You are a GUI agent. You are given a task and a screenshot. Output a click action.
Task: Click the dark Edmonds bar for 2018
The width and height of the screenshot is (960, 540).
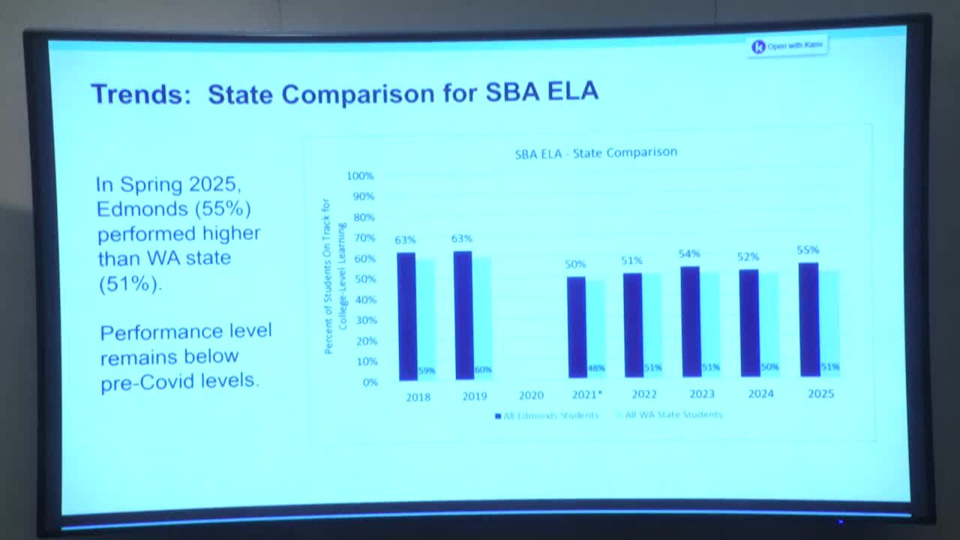pos(406,316)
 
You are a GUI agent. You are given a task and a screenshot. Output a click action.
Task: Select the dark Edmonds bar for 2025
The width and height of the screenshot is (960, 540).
pos(808,319)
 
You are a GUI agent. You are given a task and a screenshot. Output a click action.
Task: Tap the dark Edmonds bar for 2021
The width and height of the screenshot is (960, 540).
pos(576,327)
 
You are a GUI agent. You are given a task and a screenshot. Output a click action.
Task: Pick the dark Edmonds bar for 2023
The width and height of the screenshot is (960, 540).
pos(690,321)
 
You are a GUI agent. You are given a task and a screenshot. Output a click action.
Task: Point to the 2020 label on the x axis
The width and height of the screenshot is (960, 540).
pos(531,394)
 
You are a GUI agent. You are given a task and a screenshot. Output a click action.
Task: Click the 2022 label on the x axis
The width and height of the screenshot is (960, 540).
pos(643,394)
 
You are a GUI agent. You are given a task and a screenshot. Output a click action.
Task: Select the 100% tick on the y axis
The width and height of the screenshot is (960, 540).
pos(359,175)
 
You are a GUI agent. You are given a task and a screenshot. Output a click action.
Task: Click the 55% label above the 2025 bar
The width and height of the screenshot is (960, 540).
pos(808,250)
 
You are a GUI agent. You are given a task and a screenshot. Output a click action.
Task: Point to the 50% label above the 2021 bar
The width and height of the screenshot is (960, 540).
pos(575,264)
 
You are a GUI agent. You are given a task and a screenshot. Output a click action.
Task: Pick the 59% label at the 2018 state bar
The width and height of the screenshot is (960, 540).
pos(426,370)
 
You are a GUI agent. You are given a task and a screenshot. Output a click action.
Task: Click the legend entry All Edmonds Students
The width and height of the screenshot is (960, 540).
pos(547,415)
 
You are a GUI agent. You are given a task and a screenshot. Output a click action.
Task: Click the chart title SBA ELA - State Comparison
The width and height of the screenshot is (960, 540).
pos(595,153)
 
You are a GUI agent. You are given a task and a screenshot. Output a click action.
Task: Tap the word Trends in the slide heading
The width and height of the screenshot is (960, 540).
pos(140,94)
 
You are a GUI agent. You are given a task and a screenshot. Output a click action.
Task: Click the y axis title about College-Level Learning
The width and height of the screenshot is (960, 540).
pos(334,276)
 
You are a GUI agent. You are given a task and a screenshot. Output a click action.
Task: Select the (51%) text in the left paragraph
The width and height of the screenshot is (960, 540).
pos(130,284)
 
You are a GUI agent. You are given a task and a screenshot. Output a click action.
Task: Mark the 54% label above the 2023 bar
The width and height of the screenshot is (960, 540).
pos(690,254)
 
